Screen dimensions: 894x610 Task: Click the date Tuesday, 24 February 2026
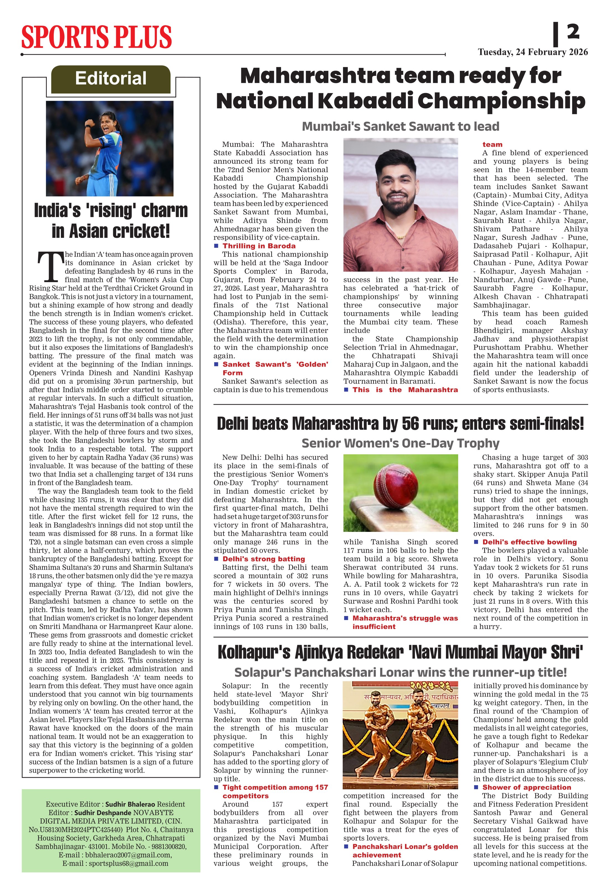533,52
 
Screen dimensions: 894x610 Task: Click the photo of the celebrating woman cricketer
110,148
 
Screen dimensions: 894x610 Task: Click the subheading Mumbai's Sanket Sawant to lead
401,126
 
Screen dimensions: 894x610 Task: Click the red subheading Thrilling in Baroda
259,246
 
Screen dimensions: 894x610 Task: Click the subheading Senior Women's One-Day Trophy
401,443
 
